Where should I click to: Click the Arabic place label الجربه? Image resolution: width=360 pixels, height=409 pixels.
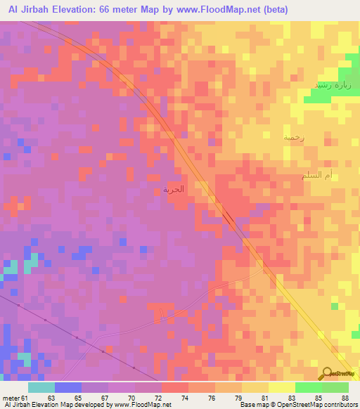point(173,189)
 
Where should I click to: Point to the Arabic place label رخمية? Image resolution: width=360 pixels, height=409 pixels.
point(293,138)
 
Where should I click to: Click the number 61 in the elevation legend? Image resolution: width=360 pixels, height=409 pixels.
point(25,398)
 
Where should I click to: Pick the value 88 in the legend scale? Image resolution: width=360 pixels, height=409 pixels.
point(344,398)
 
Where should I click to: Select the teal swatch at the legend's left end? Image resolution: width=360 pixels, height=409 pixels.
point(41,387)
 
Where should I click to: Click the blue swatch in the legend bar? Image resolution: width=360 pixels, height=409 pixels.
point(68,387)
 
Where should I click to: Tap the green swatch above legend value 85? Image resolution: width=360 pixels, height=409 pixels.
point(308,387)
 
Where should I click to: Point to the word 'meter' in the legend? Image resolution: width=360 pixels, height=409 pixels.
point(11,398)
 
